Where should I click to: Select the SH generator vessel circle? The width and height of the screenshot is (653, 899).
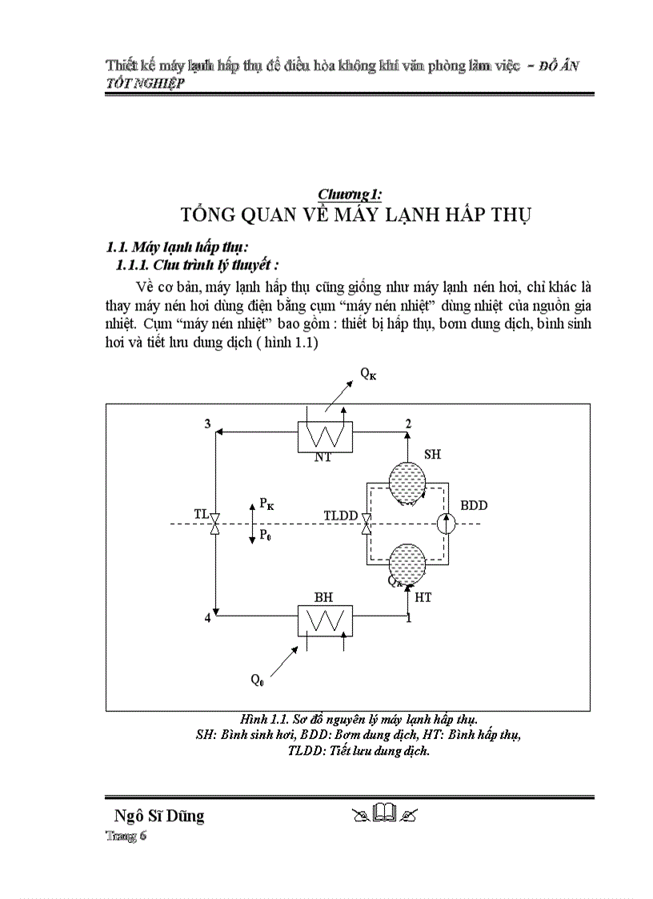(x=408, y=483)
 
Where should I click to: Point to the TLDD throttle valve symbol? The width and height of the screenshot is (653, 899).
(x=366, y=524)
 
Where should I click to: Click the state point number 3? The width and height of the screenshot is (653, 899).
(x=208, y=423)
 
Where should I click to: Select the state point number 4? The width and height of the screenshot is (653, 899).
(x=208, y=619)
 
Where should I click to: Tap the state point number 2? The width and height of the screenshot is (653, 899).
(x=409, y=423)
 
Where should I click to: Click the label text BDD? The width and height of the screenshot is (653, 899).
(x=474, y=506)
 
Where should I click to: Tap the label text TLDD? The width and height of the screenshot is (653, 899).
(x=340, y=516)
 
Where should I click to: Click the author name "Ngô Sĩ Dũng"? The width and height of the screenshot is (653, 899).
(x=159, y=816)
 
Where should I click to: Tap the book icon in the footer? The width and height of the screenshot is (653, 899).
(x=385, y=815)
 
